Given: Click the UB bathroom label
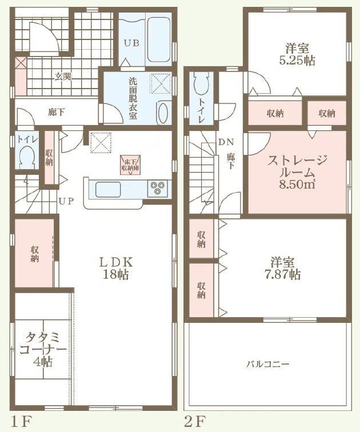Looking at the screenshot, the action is pyautogui.click(x=131, y=43).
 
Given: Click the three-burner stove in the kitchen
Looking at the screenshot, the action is pyautogui.click(x=158, y=188).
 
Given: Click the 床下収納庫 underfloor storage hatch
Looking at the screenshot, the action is pyautogui.click(x=130, y=165).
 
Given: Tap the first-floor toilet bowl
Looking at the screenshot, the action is pyautogui.click(x=26, y=157).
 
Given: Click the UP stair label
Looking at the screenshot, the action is pyautogui.click(x=66, y=201).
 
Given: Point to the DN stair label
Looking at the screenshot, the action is pyautogui.click(x=226, y=142).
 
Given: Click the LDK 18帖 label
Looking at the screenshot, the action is pyautogui.click(x=116, y=268).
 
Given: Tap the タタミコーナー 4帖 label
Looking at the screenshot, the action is pyautogui.click(x=43, y=349).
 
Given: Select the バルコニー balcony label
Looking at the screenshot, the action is pyautogui.click(x=268, y=364).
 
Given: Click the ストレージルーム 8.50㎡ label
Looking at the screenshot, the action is pyautogui.click(x=297, y=171).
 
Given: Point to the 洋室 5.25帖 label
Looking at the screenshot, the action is pyautogui.click(x=297, y=54).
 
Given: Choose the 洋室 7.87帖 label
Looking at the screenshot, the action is pyautogui.click(x=285, y=269).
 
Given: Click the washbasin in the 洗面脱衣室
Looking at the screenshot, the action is pyautogui.click(x=163, y=113).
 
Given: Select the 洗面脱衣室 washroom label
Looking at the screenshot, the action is pyautogui.click(x=133, y=99).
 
